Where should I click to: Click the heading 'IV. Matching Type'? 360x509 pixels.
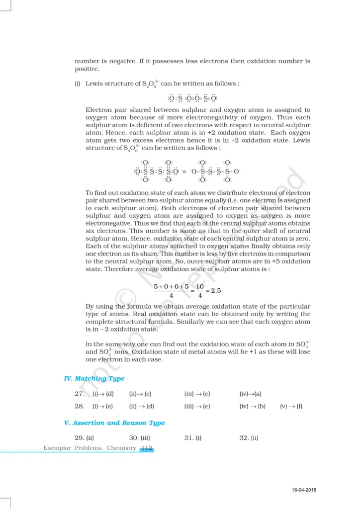tap(94, 379)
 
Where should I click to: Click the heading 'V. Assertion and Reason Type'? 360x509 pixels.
tap(114, 423)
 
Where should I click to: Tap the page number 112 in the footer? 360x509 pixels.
tap(147, 448)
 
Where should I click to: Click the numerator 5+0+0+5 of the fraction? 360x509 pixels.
tap(171, 286)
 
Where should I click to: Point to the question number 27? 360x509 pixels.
tap(79, 394)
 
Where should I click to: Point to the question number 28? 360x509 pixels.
tap(79, 406)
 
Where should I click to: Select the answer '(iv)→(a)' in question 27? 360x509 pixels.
tap(251, 394)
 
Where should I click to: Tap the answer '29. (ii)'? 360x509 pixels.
tap(85, 438)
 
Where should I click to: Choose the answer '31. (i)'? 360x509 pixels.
tap(193, 438)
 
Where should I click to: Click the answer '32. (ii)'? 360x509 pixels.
tap(249, 438)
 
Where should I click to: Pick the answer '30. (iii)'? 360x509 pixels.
tap(140, 438)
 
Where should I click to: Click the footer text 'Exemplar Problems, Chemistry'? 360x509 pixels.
tap(90, 448)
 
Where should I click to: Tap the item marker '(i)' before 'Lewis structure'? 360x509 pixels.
tap(78, 84)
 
